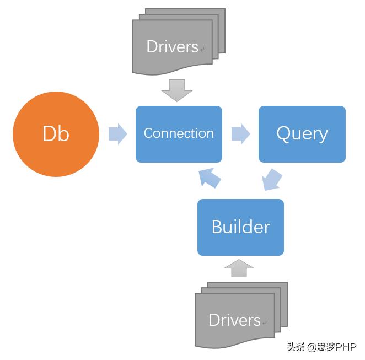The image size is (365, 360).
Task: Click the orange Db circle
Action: pos(56,134)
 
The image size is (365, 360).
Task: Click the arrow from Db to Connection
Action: pos(117,134)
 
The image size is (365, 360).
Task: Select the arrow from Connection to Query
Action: pos(240,134)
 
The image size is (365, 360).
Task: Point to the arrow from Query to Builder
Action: pos(272,180)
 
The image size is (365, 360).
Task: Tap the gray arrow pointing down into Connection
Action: pos(177,90)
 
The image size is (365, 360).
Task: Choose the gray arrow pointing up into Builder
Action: pos(239,268)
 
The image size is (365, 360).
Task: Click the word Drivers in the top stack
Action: pos(172,47)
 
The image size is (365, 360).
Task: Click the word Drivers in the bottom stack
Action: pos(234,320)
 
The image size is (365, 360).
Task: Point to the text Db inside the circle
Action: pos(56,134)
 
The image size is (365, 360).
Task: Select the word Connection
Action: pos(179,133)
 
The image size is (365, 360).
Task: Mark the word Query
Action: pos(302,134)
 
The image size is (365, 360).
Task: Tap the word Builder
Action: pos(240,227)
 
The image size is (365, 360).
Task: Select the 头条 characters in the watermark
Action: pos(296,347)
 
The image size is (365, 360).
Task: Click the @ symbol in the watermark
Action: pos(312,347)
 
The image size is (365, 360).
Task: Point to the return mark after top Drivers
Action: pos(202,50)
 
